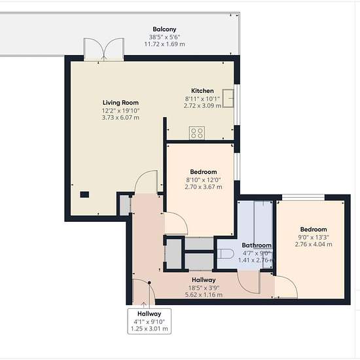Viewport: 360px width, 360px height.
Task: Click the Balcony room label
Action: (x=164, y=29)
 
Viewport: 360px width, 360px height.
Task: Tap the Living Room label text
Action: (x=120, y=103)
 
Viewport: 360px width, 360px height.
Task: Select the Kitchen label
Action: (x=202, y=91)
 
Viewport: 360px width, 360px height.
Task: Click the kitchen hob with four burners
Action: (x=197, y=133)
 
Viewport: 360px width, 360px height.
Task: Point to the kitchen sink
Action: (x=228, y=98)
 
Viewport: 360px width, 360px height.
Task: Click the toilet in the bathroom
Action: (x=225, y=254)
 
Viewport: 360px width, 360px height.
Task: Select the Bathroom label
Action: (x=257, y=245)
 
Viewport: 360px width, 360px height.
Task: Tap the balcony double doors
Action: (x=104, y=49)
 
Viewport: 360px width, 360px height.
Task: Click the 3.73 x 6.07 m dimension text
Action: (x=120, y=118)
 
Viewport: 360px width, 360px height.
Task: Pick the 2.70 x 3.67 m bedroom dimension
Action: (x=204, y=187)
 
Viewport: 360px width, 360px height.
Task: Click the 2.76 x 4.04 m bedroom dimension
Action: (x=314, y=244)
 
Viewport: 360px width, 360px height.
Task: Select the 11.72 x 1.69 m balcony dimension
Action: (x=164, y=44)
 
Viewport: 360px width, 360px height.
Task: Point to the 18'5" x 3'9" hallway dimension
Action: (x=204, y=288)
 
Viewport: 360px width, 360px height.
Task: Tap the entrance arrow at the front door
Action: (x=143, y=305)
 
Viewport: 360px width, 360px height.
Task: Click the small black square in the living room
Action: (x=84, y=194)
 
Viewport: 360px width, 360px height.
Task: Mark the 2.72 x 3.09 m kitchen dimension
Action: (x=202, y=106)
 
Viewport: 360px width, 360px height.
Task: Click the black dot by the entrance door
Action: (x=149, y=283)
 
